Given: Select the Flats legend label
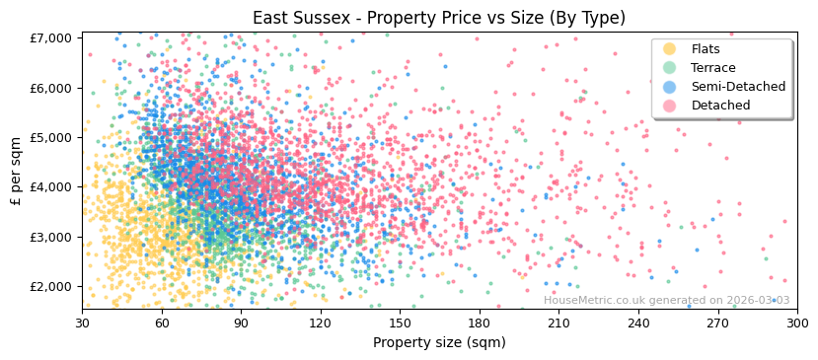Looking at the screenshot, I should [x=706, y=49].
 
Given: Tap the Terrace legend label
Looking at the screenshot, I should [x=713, y=68].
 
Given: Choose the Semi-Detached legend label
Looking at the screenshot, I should [x=738, y=87].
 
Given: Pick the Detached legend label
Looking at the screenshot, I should [x=720, y=106].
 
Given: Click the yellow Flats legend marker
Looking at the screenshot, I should [x=669, y=49].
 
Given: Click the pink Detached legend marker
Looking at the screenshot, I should [x=669, y=106].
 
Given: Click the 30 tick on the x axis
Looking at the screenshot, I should [x=82, y=323].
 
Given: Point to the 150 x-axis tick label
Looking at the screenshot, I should [x=400, y=323].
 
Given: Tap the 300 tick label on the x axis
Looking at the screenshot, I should [x=797, y=323].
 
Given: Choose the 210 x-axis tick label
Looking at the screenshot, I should [x=558, y=323].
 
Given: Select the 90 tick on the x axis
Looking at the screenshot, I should [x=241, y=323].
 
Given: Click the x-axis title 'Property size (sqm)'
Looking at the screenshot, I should [x=439, y=342].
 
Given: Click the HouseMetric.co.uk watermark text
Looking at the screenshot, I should [x=666, y=300].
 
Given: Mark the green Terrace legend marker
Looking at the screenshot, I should [x=669, y=68].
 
